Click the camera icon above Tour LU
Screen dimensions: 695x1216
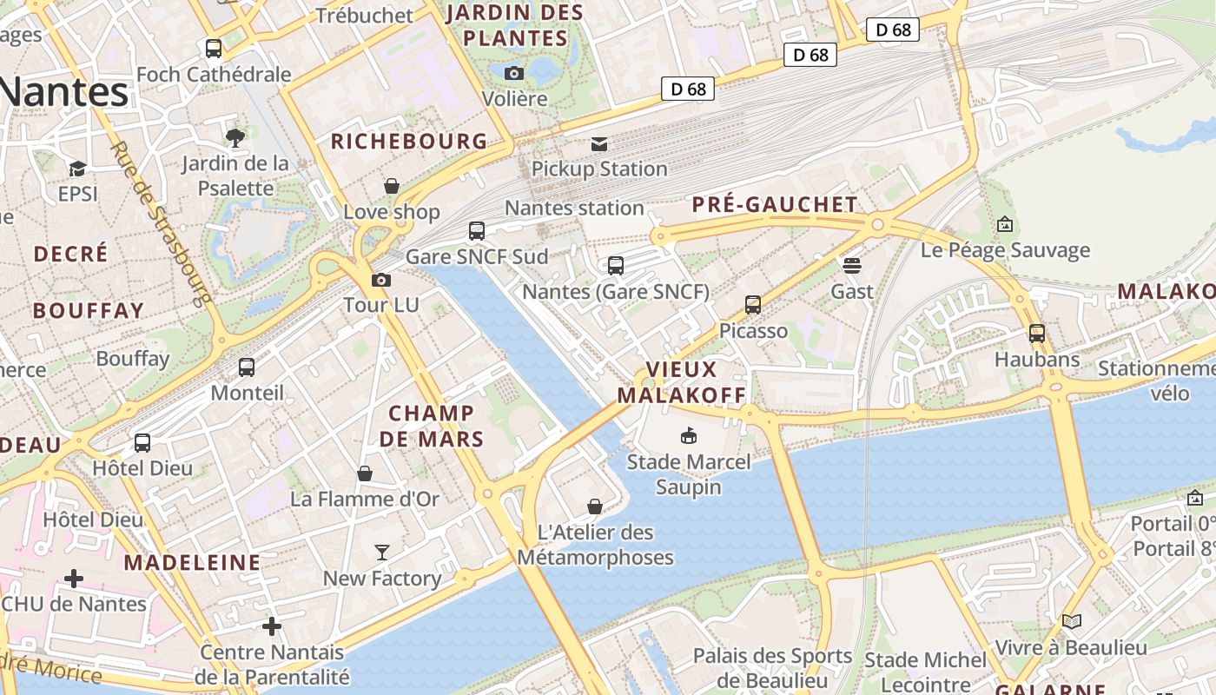(x=380, y=280)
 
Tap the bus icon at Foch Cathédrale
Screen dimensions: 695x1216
(x=214, y=49)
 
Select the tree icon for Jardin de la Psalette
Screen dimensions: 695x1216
(x=235, y=137)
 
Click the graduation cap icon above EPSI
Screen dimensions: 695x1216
(x=78, y=169)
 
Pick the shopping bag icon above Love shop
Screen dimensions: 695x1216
(x=392, y=186)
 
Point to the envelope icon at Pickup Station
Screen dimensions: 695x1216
(x=599, y=143)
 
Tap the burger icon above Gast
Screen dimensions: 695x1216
(x=851, y=265)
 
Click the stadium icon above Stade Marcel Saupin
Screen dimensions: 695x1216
(x=689, y=435)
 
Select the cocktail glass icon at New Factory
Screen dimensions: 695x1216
(x=382, y=553)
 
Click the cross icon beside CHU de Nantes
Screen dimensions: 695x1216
(x=74, y=578)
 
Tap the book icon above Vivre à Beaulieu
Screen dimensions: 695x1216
(x=1072, y=621)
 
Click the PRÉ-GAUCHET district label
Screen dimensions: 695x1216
(x=775, y=205)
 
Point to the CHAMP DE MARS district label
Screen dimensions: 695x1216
(x=432, y=426)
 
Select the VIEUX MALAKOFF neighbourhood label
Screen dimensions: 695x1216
(x=681, y=382)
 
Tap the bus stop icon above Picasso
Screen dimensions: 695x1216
(x=753, y=305)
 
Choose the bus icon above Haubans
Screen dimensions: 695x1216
(x=1037, y=333)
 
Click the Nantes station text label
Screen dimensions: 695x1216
(x=574, y=208)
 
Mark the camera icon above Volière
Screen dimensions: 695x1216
(x=514, y=73)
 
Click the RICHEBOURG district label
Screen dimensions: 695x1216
(x=409, y=142)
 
